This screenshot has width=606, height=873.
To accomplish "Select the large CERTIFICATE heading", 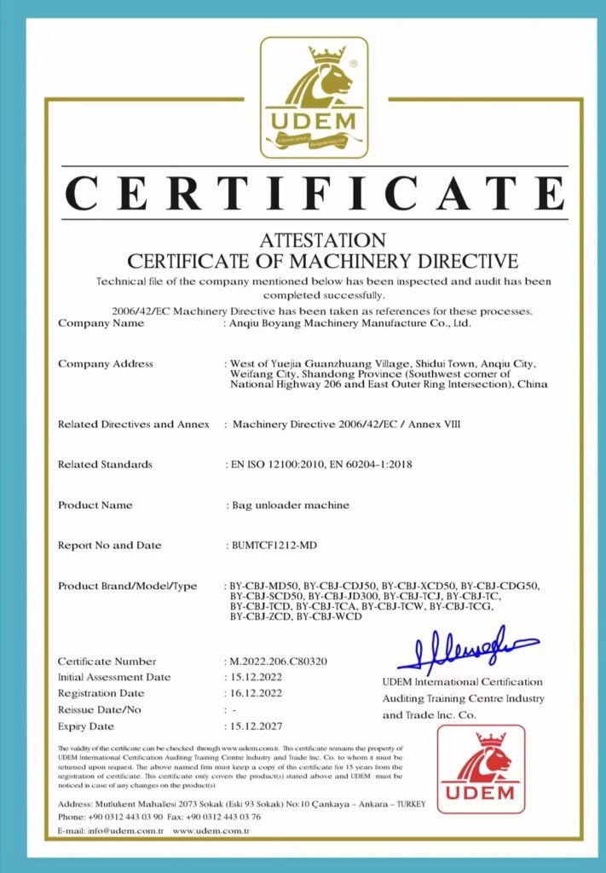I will coord(315,194).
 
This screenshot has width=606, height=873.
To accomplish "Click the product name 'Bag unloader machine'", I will coord(291,505).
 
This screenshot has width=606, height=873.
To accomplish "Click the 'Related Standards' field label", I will coord(105,465).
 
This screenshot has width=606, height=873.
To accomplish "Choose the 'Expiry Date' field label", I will coord(85,726).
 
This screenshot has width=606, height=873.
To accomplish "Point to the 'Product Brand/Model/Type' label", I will coord(127,586).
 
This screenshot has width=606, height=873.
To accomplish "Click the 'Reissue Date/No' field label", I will coord(99,709).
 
